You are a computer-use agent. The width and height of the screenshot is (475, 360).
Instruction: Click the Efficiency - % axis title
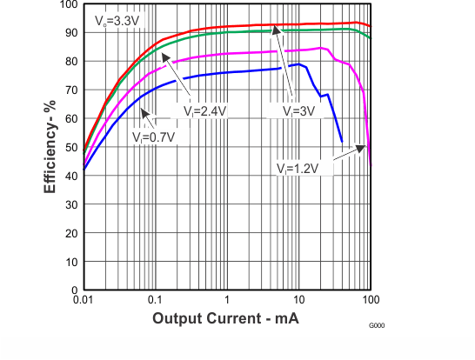click(x=51, y=147)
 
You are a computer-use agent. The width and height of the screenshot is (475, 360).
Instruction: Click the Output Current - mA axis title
click(x=226, y=319)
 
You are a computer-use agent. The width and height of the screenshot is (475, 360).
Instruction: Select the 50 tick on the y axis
click(x=72, y=148)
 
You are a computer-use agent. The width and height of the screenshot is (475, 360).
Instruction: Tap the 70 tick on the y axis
click(x=72, y=90)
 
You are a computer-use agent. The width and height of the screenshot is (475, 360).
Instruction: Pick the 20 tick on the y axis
click(x=72, y=233)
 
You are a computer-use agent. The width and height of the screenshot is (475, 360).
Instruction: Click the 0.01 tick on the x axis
click(x=84, y=300)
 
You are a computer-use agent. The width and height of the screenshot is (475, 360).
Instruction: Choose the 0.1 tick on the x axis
click(x=155, y=300)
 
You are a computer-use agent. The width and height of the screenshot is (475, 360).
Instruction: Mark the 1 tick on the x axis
click(x=226, y=300)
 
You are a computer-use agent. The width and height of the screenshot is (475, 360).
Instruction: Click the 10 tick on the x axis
click(x=298, y=300)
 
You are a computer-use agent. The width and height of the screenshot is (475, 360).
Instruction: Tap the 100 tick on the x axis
click(x=370, y=300)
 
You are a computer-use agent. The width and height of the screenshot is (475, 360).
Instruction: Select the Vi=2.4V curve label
click(x=204, y=111)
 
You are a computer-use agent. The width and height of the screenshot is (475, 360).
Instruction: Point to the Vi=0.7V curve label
click(x=153, y=137)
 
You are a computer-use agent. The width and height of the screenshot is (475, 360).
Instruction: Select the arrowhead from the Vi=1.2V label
click(x=363, y=147)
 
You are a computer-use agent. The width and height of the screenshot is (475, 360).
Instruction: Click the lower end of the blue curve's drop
click(x=342, y=141)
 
